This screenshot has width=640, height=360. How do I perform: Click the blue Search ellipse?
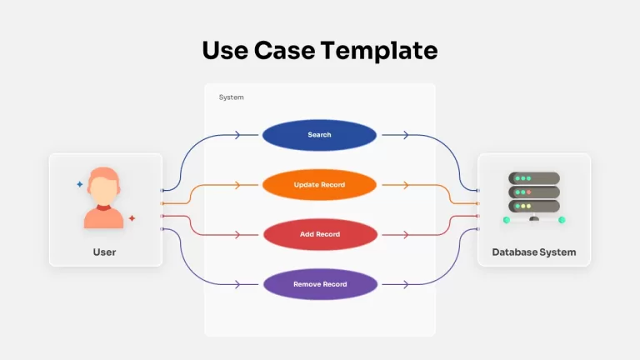coord(319,135)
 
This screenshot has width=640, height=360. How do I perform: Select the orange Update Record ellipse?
coord(319,185)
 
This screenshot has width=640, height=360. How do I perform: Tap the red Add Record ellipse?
coord(320,234)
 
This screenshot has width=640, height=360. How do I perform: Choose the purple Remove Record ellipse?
coord(320,284)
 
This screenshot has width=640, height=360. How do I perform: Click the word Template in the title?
coord(379,51)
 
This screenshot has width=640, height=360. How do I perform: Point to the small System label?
coord(231,97)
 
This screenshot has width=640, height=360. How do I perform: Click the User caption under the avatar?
coord(104,252)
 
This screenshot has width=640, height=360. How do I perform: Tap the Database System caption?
coord(534,252)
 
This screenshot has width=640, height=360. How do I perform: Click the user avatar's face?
coord(103,191)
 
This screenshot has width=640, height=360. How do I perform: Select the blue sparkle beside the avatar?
coord(80,184)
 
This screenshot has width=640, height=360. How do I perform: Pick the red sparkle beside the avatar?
coord(132,218)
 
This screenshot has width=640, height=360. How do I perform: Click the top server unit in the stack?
coord(534,178)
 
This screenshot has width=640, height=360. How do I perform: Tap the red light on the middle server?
coord(528,192)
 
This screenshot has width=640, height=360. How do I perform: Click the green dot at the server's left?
coord(507,220)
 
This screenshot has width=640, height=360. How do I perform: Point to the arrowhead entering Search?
coord(237,135)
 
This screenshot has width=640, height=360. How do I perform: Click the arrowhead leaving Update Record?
coord(406,185)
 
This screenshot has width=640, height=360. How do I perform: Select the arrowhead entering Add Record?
coord(237,235)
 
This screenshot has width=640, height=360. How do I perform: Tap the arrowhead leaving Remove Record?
coord(406,284)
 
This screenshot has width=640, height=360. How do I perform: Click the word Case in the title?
coord(284,51)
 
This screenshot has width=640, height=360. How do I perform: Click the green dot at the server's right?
coord(562,220)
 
